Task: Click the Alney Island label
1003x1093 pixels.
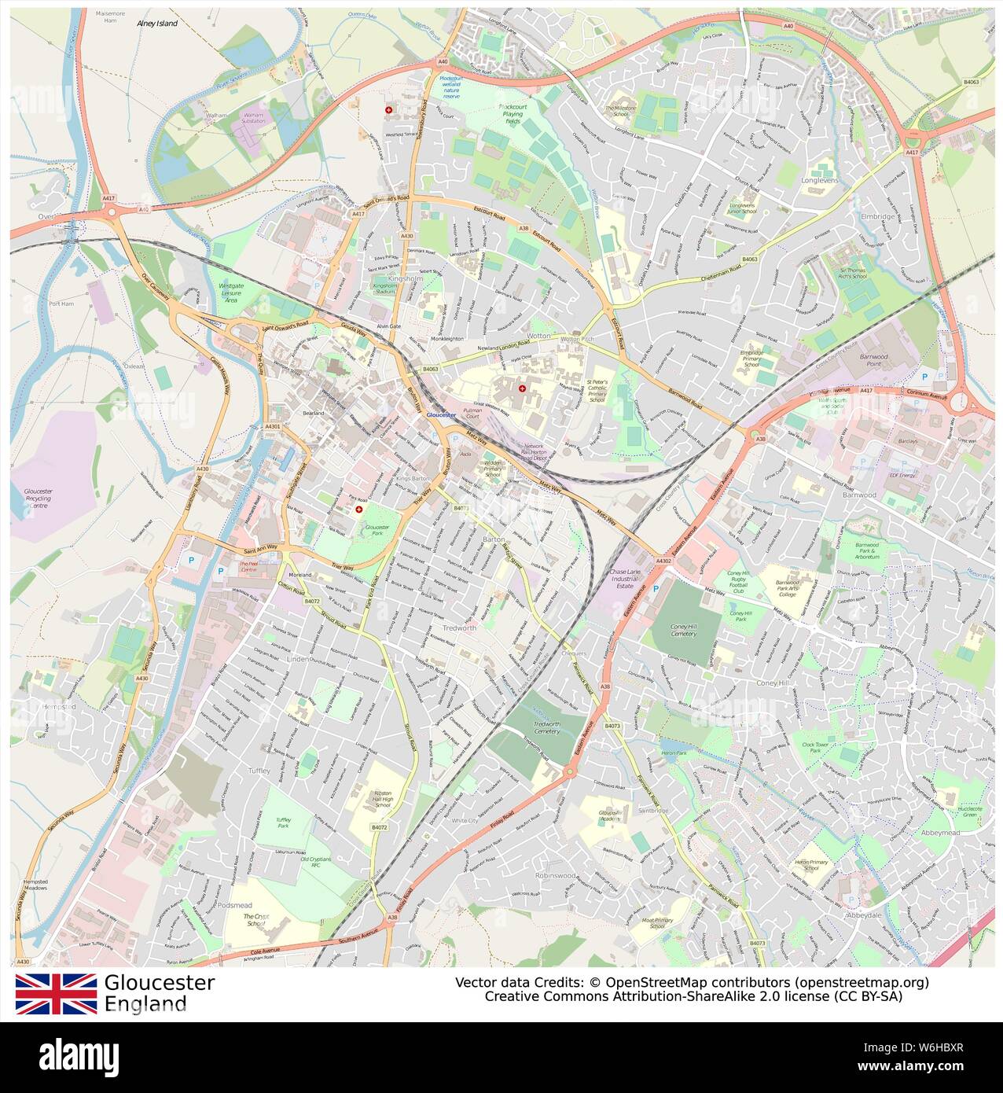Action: pos(157,24)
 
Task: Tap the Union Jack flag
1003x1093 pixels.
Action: pos(56,993)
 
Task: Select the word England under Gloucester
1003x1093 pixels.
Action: pos(145,1003)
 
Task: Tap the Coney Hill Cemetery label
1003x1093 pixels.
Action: pos(684,628)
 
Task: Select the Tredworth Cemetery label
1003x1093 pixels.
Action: pos(546,727)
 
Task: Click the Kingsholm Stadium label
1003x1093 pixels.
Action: pos(384,288)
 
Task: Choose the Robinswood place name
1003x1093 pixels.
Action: pos(555,875)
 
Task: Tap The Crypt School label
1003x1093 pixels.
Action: pos(255,921)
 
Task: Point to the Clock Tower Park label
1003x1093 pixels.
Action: pos(816,747)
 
